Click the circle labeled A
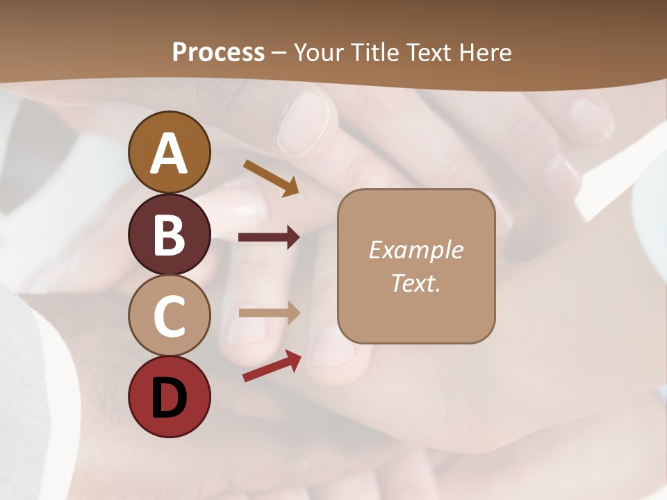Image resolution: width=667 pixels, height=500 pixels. (x=169, y=152)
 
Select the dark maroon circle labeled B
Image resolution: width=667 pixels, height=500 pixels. (x=169, y=235)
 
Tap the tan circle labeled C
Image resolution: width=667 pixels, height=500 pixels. (x=169, y=316)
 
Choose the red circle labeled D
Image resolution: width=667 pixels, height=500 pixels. (x=169, y=397)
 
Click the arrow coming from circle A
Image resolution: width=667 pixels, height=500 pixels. (x=271, y=177)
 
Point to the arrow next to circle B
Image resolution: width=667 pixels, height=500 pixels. (x=269, y=237)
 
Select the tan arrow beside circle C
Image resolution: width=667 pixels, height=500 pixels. (x=269, y=313)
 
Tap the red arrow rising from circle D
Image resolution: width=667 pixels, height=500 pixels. (x=272, y=366)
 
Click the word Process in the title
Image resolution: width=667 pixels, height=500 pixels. (x=218, y=52)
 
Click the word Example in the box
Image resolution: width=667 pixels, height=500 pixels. (x=415, y=250)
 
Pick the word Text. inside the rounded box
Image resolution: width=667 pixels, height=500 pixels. (x=415, y=283)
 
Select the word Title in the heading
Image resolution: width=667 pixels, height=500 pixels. (x=375, y=52)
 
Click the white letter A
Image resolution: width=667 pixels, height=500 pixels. (x=169, y=153)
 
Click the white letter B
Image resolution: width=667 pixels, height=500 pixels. (x=169, y=235)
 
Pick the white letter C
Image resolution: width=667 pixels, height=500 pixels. (x=169, y=317)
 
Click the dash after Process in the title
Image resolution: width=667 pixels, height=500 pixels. (x=279, y=53)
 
